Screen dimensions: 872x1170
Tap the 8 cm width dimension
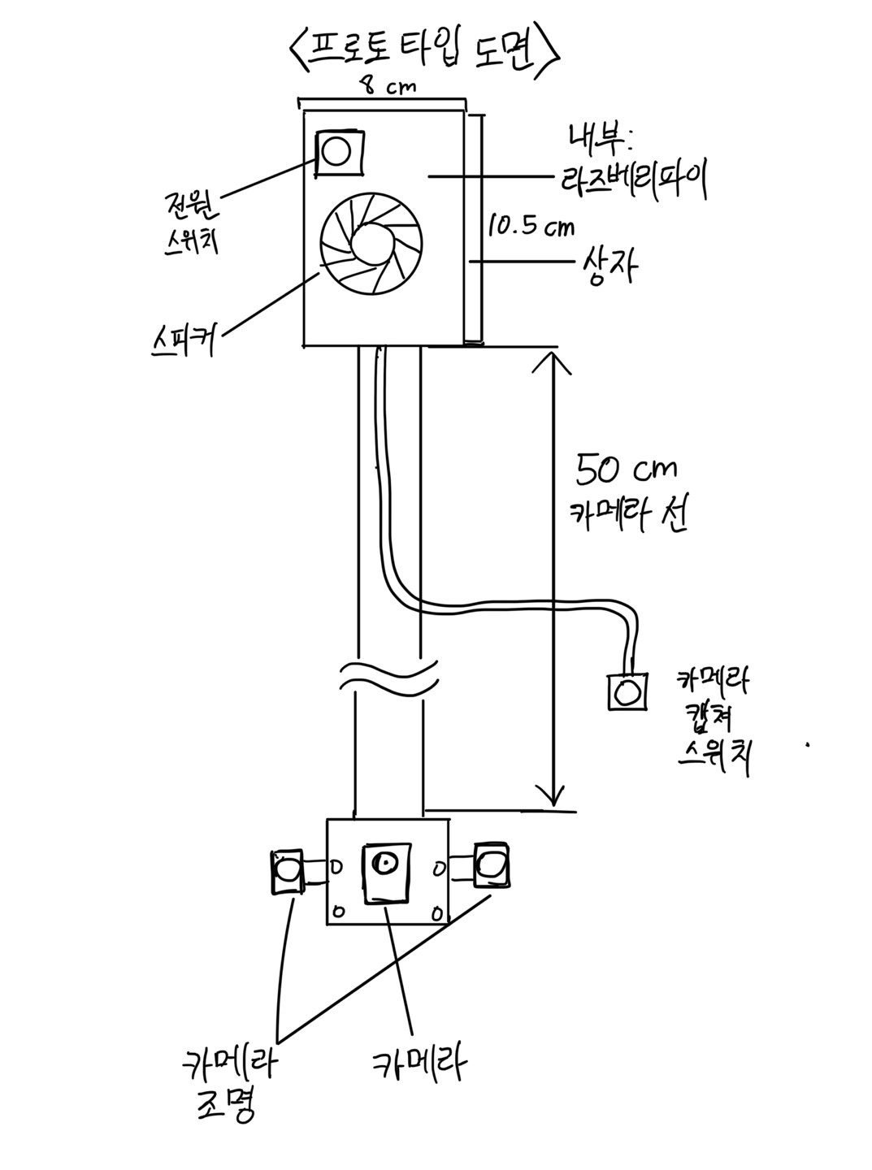[x=387, y=85]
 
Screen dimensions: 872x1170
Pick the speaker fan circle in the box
[x=371, y=244]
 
